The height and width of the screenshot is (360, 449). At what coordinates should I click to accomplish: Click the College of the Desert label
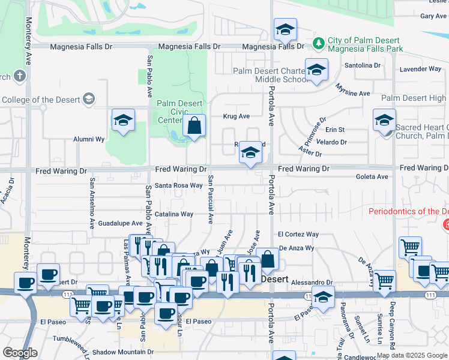point(41,99)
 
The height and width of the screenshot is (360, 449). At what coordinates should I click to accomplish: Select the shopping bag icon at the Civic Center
point(194,127)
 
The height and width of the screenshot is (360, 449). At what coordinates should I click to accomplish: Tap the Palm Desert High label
point(414,98)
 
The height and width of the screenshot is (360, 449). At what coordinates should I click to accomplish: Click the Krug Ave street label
point(236,116)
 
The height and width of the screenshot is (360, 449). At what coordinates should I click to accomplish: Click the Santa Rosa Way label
point(179,185)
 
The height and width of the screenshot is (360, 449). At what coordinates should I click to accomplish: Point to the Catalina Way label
point(174,214)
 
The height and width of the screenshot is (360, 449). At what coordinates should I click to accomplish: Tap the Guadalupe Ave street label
point(121,223)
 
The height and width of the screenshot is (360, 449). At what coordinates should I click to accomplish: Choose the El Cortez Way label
point(298,234)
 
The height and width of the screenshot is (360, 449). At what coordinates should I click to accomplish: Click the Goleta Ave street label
point(372,176)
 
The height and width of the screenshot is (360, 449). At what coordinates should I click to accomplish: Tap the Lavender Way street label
point(420,69)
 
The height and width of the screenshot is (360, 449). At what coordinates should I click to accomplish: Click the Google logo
point(19,353)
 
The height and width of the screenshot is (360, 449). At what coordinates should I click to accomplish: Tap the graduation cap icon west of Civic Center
point(123,120)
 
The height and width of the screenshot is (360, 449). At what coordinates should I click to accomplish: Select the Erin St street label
point(335,130)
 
